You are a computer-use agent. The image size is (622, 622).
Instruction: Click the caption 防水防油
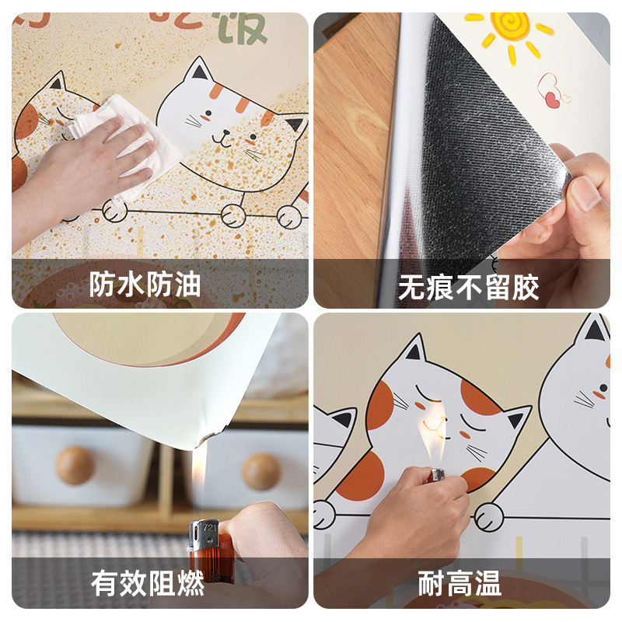(145, 285)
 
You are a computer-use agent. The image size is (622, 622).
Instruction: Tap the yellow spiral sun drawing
(511, 29)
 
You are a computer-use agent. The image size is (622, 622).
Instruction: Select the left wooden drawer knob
(75, 465)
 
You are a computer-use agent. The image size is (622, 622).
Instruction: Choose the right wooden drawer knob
(260, 471)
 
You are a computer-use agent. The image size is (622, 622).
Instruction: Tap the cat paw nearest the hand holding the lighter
(489, 515)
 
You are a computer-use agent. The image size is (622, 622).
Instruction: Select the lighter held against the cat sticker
(439, 473)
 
